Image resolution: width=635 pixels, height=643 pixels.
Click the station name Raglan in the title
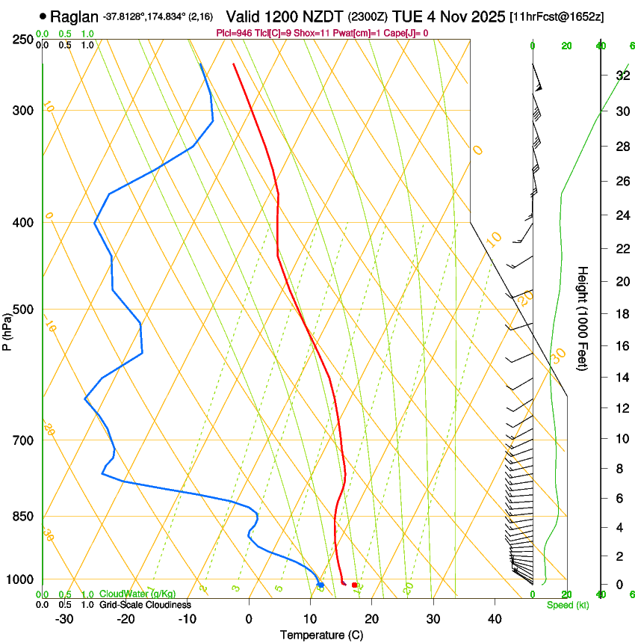pyautogui.click(x=74, y=16)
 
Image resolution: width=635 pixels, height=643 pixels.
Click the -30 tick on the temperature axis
pyautogui.click(x=64, y=619)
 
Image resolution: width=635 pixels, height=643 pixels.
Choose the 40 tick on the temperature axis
pyautogui.click(x=495, y=619)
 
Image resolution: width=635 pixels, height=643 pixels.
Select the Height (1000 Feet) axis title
pyautogui.click(x=583, y=319)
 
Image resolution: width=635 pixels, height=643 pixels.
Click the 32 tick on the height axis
pyautogui.click(x=622, y=76)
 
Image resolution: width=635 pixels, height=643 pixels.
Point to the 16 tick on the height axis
pyautogui.click(x=622, y=345)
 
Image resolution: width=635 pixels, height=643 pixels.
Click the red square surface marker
pyautogui.click(x=354, y=585)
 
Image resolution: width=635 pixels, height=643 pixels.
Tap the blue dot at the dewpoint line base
pyautogui.click(x=320, y=585)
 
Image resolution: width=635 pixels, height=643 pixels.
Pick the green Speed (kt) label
pyautogui.click(x=567, y=605)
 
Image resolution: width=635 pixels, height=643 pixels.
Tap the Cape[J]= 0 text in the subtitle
pyautogui.click(x=404, y=33)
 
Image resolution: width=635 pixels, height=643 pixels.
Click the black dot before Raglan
pyautogui.click(x=43, y=16)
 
